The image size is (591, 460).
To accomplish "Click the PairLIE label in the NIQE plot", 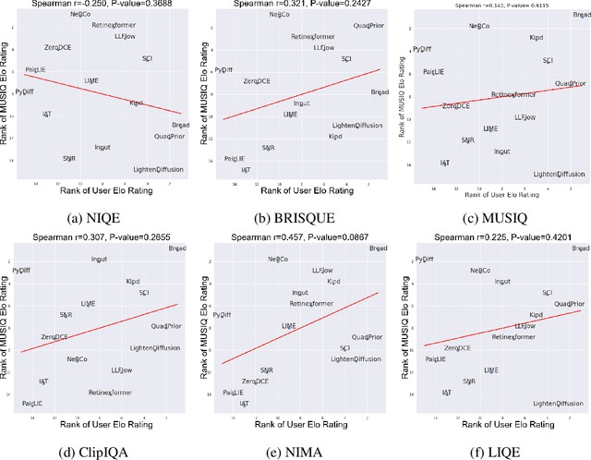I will [36, 69].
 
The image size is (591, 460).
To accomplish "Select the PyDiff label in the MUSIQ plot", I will [422, 48].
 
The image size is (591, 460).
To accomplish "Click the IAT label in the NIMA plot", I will [244, 404].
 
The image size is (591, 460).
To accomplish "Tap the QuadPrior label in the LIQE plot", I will [570, 303].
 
